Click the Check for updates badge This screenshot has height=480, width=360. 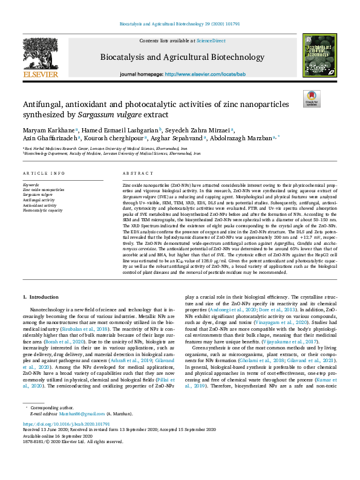[x=312, y=99]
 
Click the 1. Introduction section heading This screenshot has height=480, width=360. [x=41, y=297]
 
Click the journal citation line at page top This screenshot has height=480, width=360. [x=180, y=24]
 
